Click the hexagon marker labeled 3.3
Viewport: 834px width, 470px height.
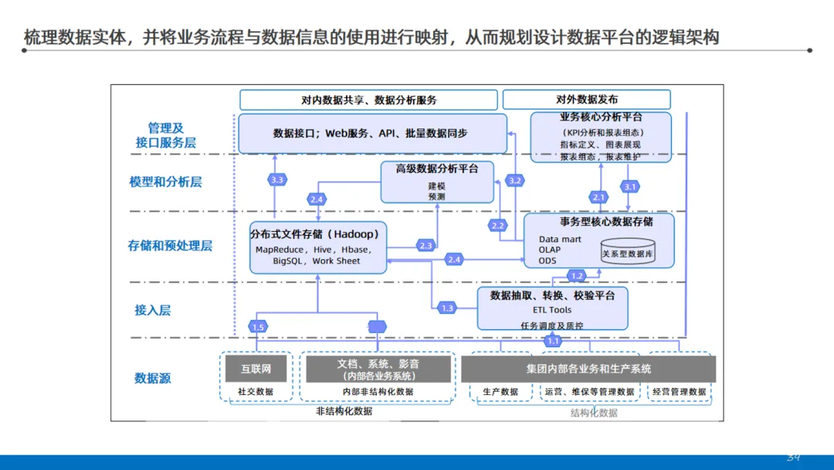(x=278, y=179)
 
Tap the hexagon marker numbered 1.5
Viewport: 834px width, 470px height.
(x=259, y=327)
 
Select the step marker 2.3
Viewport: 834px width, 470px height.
(x=425, y=246)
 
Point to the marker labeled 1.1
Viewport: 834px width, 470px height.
(x=553, y=341)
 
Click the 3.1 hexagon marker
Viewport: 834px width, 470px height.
(x=630, y=186)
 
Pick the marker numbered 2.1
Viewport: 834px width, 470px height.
(x=598, y=197)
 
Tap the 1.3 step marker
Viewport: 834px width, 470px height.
(x=447, y=308)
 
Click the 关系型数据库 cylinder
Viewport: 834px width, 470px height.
(x=627, y=253)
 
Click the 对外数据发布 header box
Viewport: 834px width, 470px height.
(x=586, y=100)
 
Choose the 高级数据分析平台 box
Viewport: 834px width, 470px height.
(x=437, y=182)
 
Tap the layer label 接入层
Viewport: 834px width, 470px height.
(x=153, y=310)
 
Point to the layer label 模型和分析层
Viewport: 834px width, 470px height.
(x=165, y=182)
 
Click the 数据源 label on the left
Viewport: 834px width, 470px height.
(x=153, y=378)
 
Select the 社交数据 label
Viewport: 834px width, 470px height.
(x=256, y=392)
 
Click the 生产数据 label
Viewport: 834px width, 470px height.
(x=500, y=392)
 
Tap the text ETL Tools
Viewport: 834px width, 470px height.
(x=552, y=310)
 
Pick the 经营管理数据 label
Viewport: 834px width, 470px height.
(x=677, y=392)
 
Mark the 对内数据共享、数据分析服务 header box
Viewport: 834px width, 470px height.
(x=368, y=100)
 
